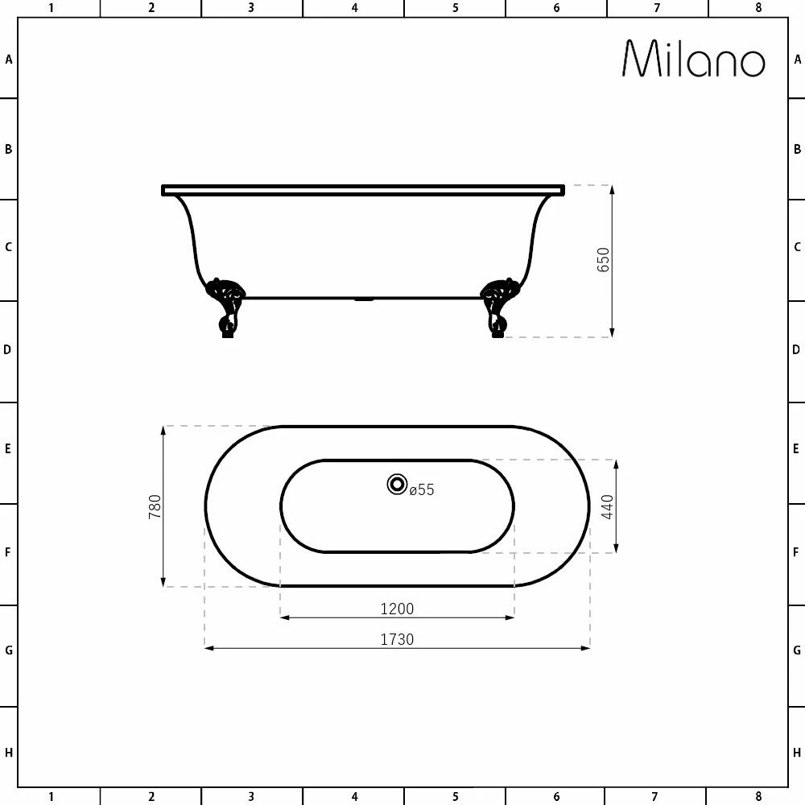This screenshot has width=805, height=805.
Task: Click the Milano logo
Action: pyautogui.click(x=693, y=59)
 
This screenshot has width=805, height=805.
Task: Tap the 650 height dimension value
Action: pyautogui.click(x=604, y=260)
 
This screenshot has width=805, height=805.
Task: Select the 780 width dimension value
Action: pyautogui.click(x=155, y=506)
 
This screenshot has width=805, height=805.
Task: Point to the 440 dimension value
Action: pyautogui.click(x=608, y=506)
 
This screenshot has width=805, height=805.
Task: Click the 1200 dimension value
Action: pyautogui.click(x=397, y=609)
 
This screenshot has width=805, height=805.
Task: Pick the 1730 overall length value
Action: pyautogui.click(x=397, y=639)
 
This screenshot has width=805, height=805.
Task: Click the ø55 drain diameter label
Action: pyautogui.click(x=421, y=489)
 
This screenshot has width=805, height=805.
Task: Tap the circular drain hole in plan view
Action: pyautogui.click(x=397, y=484)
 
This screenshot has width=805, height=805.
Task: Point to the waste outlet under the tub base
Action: pyautogui.click(x=364, y=299)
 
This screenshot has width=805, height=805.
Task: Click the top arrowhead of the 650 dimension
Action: pyautogui.click(x=613, y=190)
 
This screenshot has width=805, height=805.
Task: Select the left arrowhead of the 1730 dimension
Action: pyautogui.click(x=209, y=647)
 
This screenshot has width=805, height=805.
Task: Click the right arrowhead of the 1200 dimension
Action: pyautogui.click(x=510, y=617)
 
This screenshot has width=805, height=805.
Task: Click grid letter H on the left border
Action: pyautogui.click(x=8, y=753)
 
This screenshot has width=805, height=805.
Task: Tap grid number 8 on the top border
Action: pyautogui.click(x=758, y=8)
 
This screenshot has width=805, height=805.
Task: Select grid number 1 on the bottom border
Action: pyautogui.click(x=51, y=797)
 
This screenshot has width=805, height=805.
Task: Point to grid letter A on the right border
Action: pyautogui.click(x=797, y=59)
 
